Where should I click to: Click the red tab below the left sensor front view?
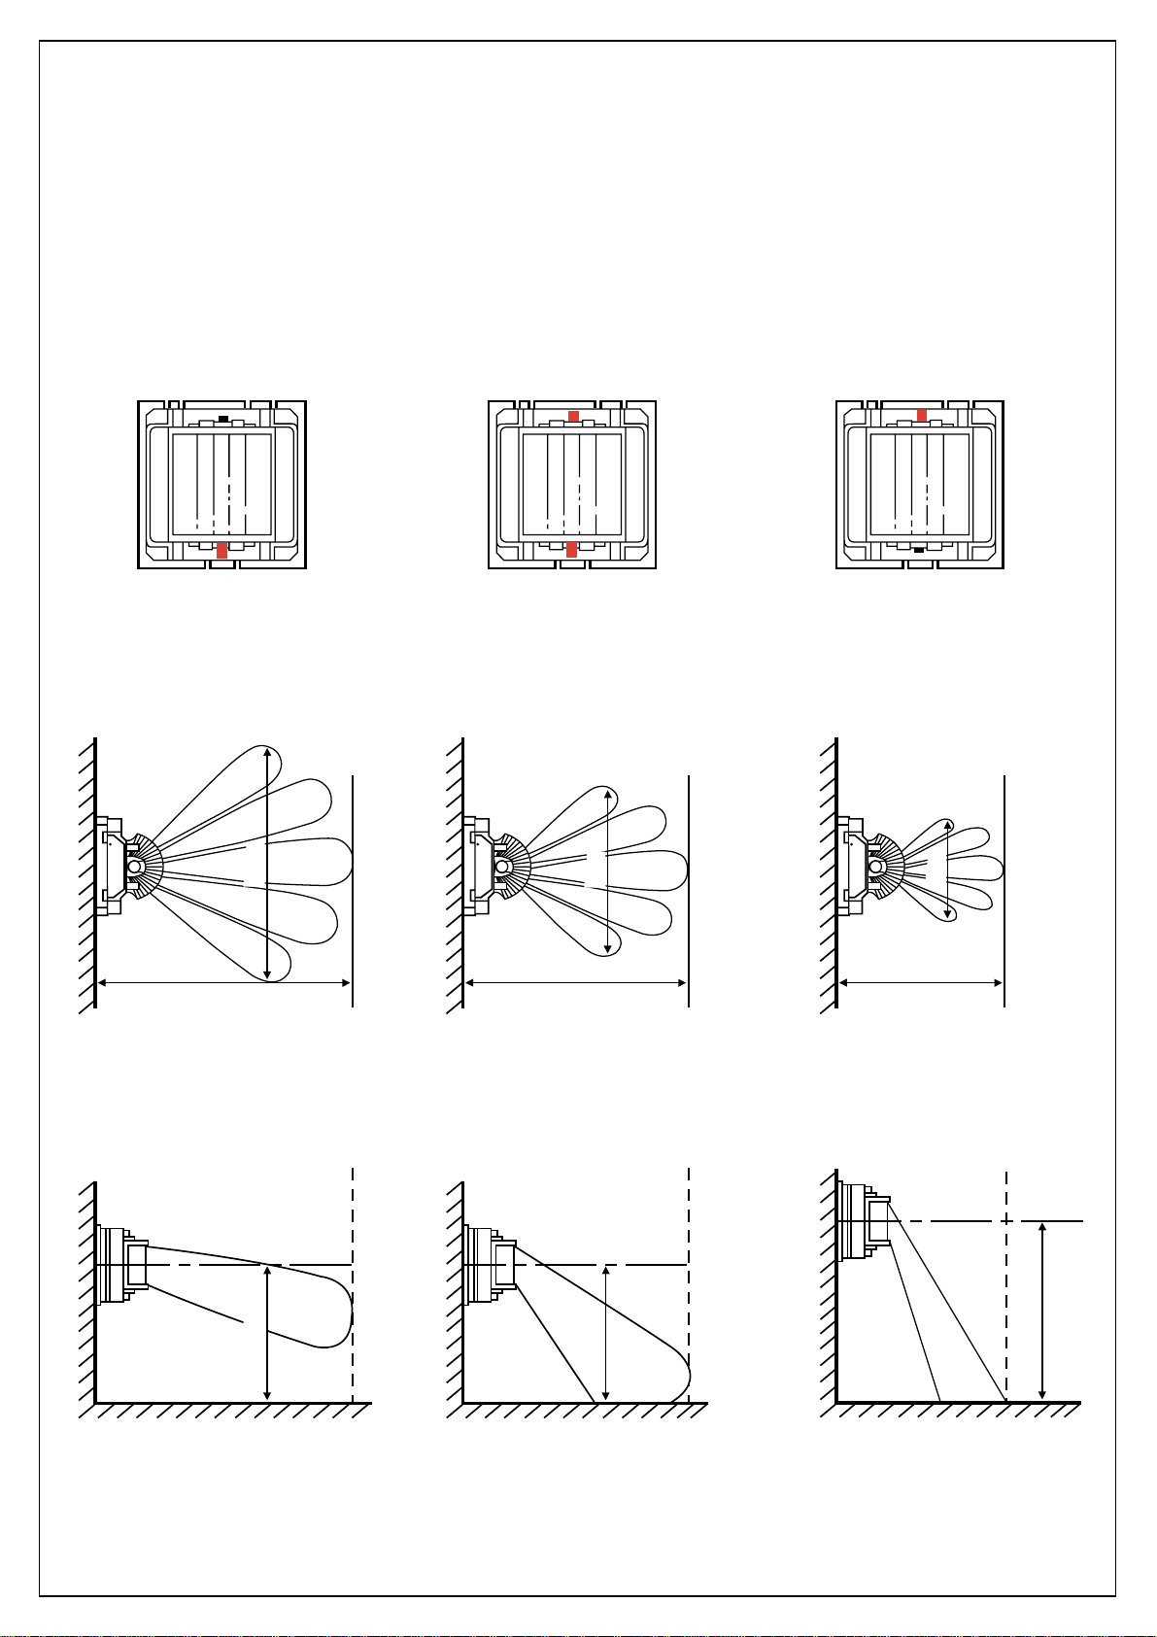pyautogui.click(x=221, y=551)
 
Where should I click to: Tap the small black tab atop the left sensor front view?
pyautogui.click(x=223, y=418)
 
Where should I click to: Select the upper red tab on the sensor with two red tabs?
pyautogui.click(x=573, y=416)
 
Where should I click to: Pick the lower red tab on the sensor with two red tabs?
pyautogui.click(x=571, y=551)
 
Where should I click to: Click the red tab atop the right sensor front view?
pyautogui.click(x=922, y=415)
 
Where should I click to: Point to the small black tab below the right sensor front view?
pyautogui.click(x=919, y=550)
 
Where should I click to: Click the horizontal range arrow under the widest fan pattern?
pyautogui.click(x=224, y=983)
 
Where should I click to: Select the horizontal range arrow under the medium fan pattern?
pyautogui.click(x=577, y=983)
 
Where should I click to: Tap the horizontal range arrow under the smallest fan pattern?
pyautogui.click(x=921, y=983)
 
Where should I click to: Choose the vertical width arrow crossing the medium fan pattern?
pyautogui.click(x=607, y=870)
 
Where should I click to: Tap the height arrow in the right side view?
pyautogui.click(x=1042, y=1310)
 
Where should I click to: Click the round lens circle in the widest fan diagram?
pyautogui.click(x=134, y=866)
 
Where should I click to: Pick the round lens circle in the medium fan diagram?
pyautogui.click(x=501, y=866)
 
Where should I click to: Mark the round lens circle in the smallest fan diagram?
pyautogui.click(x=875, y=866)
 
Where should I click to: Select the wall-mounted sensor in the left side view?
pyautogui.click(x=121, y=1265)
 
